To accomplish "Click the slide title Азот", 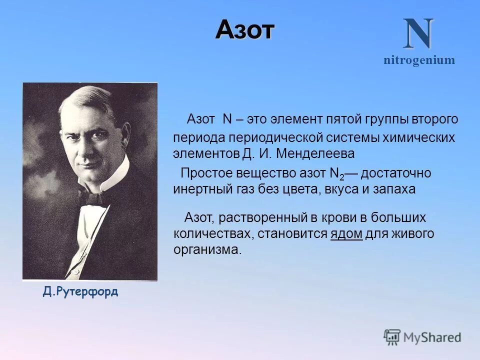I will tap(245, 31).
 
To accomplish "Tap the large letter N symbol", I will tap(418, 34).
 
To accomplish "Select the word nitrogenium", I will tap(419, 60).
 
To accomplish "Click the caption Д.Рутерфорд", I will tap(80, 292).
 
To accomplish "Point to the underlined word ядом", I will tap(346, 233).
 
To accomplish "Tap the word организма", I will tap(207, 249).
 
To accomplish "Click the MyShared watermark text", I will tap(432, 337).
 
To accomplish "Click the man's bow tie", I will tap(95, 197).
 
